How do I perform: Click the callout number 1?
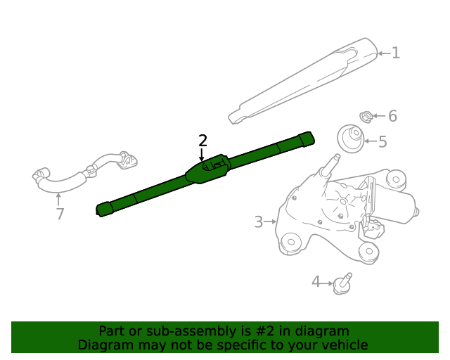tap(396, 53)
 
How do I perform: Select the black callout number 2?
tap(202, 141)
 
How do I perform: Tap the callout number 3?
tap(259, 222)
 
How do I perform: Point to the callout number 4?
tap(316, 282)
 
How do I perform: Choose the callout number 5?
tap(382, 141)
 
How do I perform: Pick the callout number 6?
tap(392, 116)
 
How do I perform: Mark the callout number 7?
tap(60, 214)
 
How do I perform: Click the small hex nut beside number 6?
tap(366, 117)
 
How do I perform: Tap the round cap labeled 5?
tap(350, 139)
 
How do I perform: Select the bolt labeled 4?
tap(342, 284)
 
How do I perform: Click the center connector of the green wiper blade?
tap(208, 169)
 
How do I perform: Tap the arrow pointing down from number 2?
tap(202, 155)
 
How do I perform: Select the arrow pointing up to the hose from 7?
tap(58, 200)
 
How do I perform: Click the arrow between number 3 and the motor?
tap(270, 221)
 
